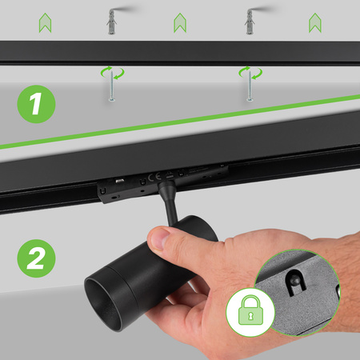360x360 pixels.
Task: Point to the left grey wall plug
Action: pos(111,21)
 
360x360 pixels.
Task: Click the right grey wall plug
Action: pos(249,21)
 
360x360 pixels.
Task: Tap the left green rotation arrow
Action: pos(111,74)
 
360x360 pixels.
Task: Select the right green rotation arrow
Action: pos(249,74)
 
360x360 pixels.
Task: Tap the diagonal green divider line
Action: pos(180,122)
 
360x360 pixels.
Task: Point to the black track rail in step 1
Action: pos(180,53)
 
